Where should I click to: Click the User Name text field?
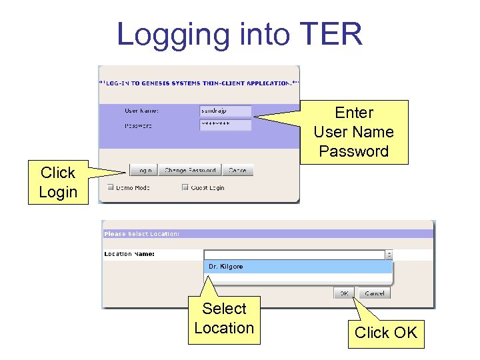click(x=225, y=111)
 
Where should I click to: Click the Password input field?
click(x=225, y=125)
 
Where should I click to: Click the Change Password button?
click(x=190, y=171)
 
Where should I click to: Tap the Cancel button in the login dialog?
click(x=237, y=171)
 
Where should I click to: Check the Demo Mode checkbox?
click(x=111, y=187)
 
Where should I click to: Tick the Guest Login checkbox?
click(x=185, y=187)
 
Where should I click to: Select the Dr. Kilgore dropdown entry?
click(x=297, y=267)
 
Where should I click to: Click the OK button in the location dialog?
click(x=344, y=293)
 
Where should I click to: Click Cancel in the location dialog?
click(x=374, y=293)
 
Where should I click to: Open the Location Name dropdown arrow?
click(x=389, y=255)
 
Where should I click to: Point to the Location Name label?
click(x=129, y=254)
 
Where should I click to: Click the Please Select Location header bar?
click(x=267, y=234)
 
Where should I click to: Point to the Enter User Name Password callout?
click(x=353, y=132)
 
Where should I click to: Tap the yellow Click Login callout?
click(x=58, y=182)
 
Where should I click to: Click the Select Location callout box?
click(x=224, y=319)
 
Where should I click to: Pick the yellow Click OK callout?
click(x=385, y=332)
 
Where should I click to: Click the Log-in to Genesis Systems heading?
click(x=199, y=83)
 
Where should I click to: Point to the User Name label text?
click(x=141, y=111)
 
